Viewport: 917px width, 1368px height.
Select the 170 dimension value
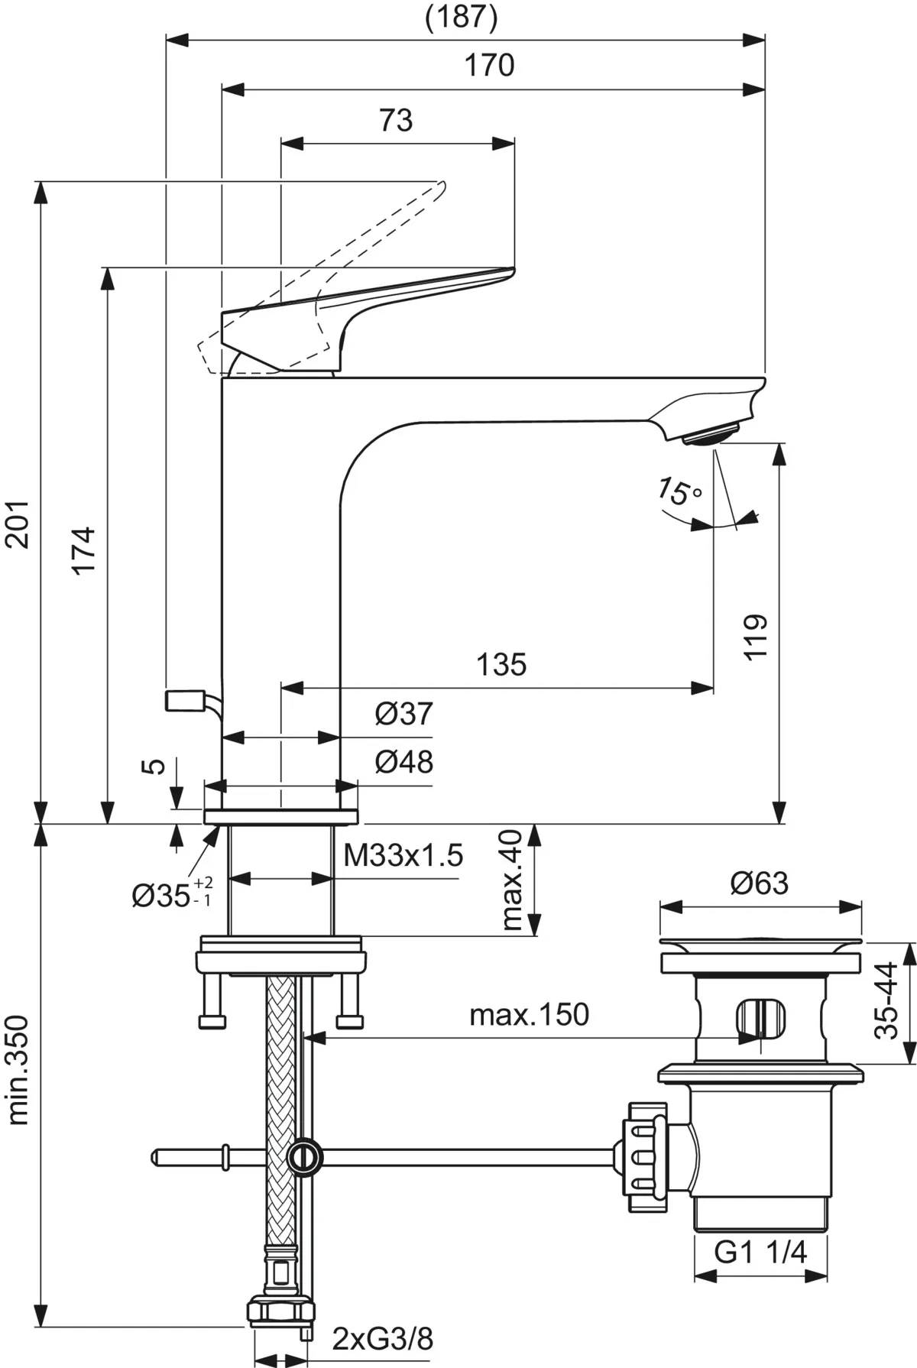coord(490,66)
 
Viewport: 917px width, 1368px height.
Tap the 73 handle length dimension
coord(396,120)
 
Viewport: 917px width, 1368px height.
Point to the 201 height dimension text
coord(18,524)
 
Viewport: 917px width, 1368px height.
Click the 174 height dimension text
coord(84,549)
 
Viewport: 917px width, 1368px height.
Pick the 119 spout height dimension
coord(754,636)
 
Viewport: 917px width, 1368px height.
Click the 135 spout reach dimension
coord(501,664)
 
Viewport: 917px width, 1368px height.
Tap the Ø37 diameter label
coord(403,714)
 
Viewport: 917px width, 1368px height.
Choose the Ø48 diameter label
coord(403,761)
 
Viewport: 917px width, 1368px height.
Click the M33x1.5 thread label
coord(403,856)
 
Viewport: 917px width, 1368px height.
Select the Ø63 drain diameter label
coord(759,883)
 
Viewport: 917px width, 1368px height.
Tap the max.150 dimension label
coord(529,1015)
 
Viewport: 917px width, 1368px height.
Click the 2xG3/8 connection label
coord(382,1338)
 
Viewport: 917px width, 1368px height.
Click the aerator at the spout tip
coord(710,436)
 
